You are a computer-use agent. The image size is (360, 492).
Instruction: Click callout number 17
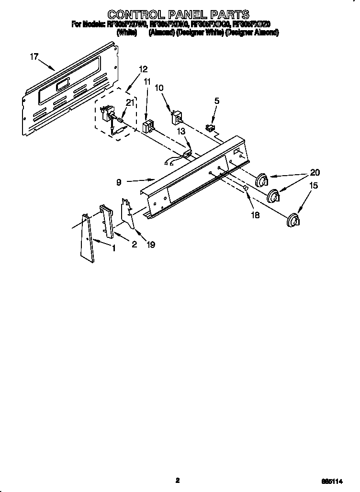34,56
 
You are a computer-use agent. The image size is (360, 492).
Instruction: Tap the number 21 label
129,102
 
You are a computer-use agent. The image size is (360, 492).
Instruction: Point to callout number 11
146,82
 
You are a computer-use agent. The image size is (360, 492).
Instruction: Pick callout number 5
216,101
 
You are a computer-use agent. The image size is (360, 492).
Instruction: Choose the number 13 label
180,131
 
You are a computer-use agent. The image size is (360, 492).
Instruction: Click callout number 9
118,182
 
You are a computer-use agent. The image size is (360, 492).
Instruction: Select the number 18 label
255,215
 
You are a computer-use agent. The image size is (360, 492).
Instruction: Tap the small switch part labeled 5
210,127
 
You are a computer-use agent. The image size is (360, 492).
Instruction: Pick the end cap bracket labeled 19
128,211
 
